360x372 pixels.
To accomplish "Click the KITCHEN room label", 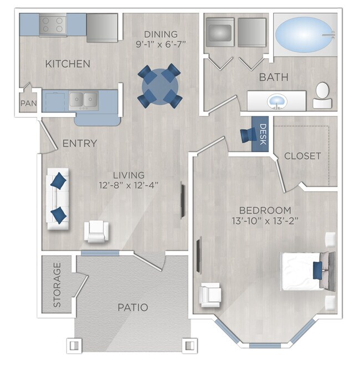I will (x=67, y=64).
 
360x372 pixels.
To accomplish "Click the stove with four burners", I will (x=53, y=24).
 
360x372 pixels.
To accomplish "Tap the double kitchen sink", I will (x=84, y=100).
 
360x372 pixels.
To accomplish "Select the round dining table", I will (x=160, y=85).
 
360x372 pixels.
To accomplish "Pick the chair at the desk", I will (x=246, y=135).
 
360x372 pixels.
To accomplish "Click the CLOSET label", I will (x=302, y=156).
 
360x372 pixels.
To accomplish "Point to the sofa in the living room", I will (x=57, y=197).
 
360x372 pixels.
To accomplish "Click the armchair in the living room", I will (x=96, y=231).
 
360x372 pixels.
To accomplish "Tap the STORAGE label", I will (x=57, y=284).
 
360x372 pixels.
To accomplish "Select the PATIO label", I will (x=132, y=307).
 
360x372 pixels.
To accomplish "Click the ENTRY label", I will (x=79, y=144).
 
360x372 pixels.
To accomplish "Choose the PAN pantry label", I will (x=27, y=103).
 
